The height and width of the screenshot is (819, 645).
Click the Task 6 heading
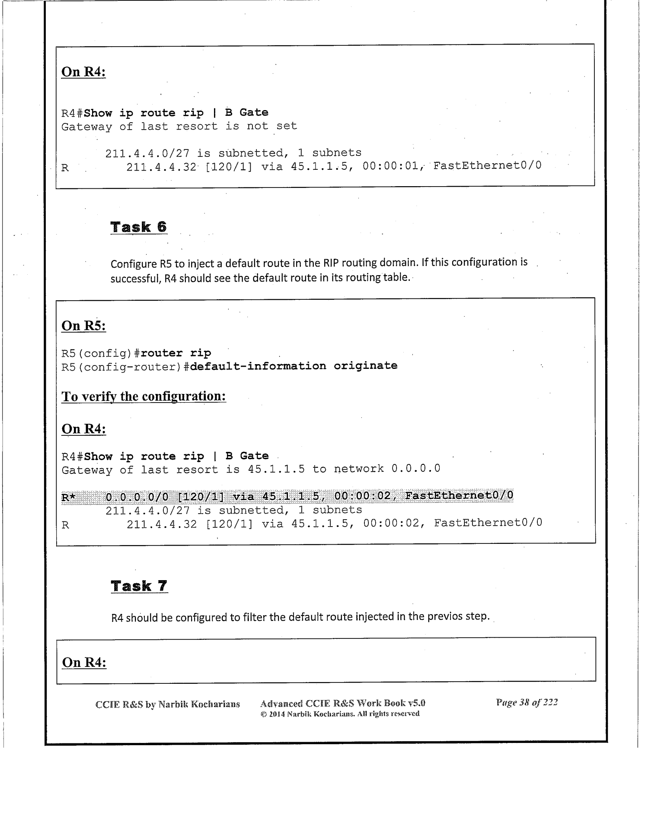coord(138,227)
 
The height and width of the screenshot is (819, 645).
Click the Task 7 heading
coord(139,586)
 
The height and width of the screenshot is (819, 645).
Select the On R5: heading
coord(84,325)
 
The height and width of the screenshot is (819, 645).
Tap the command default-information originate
coord(294,366)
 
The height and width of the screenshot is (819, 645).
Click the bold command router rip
coord(176,353)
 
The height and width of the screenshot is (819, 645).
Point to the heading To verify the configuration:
coord(144,396)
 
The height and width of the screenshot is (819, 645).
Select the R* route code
coord(68,498)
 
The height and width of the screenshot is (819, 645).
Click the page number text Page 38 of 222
coord(527,702)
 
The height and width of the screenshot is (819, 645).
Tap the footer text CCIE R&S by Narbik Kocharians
coord(167,705)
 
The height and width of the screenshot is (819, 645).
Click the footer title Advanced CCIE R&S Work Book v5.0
coord(340,703)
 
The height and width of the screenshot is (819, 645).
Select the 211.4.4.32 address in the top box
coord(161,167)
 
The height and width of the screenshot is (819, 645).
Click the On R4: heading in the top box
coord(83,72)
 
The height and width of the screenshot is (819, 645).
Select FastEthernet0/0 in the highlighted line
coord(458,495)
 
